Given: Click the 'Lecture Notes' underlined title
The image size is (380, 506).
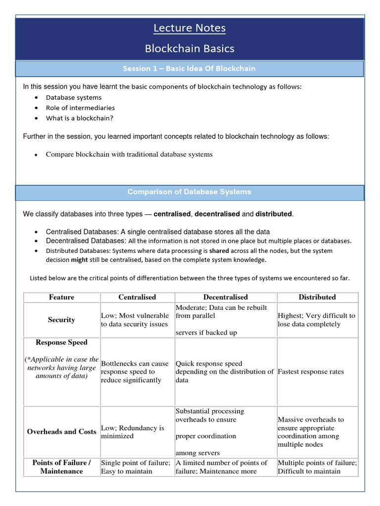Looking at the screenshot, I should click(x=190, y=28).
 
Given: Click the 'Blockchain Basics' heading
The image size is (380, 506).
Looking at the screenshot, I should click(x=190, y=48).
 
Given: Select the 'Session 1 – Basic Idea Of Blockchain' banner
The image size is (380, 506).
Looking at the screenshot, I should click(x=190, y=69).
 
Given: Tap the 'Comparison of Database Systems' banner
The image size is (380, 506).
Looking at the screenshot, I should click(x=190, y=192).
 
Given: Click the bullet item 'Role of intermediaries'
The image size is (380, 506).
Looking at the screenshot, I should click(x=80, y=108).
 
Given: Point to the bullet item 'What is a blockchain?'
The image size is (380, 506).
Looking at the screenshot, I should click(x=80, y=118).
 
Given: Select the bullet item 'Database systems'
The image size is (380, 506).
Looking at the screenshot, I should click(x=74, y=97).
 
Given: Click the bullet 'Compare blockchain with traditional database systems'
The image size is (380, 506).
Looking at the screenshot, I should click(x=129, y=154).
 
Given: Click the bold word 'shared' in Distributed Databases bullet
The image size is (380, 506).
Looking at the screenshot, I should click(x=219, y=251).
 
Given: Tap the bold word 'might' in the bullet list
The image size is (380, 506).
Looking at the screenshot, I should click(x=80, y=260).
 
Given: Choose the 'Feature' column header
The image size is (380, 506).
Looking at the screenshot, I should click(x=62, y=297).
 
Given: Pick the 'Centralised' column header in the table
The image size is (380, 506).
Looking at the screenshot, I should click(x=137, y=297).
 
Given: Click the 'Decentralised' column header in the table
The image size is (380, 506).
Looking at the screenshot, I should click(x=226, y=297).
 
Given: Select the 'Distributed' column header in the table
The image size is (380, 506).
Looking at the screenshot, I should click(x=317, y=297).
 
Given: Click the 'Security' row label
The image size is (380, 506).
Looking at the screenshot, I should click(x=62, y=320).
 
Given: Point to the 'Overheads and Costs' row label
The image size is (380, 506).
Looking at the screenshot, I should click(x=62, y=431).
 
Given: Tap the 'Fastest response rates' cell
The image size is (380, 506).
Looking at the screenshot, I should click(x=311, y=372).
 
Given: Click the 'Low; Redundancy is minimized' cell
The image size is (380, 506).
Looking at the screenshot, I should click(x=133, y=432).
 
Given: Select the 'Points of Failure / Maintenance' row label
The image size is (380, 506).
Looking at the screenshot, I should click(x=62, y=467).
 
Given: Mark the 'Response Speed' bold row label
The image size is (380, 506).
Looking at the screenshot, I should click(x=62, y=342).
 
